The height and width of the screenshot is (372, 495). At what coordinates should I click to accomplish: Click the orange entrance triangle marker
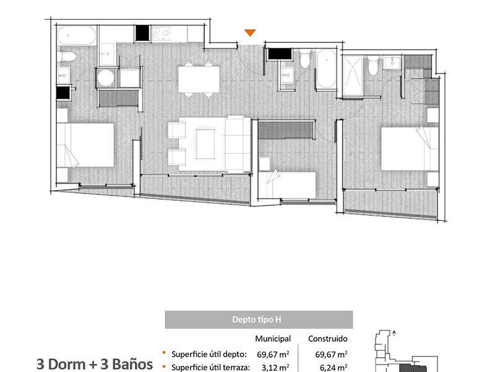[x=250, y=33]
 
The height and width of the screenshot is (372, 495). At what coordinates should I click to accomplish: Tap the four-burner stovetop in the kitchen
[x=161, y=33]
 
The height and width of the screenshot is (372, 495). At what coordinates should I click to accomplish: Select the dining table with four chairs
[x=199, y=79]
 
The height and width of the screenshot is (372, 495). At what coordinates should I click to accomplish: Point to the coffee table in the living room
[x=205, y=144]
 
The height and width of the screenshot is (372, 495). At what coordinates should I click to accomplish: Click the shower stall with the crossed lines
[x=353, y=75]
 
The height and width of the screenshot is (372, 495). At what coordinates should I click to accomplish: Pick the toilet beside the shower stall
[x=373, y=66]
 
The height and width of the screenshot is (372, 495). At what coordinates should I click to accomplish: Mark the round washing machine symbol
[x=106, y=78]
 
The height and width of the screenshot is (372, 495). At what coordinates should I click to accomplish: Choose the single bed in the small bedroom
[x=287, y=185]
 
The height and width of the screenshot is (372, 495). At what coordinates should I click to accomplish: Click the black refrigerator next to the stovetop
[x=142, y=33]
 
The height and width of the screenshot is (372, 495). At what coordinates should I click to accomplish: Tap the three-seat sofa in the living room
[x=238, y=144]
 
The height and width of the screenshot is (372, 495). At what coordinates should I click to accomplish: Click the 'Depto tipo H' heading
[x=256, y=319]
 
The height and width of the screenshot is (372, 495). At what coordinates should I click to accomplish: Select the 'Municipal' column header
[x=273, y=339]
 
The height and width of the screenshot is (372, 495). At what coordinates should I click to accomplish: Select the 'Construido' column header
[x=328, y=339]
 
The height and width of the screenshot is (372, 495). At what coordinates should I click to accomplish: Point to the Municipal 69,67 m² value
[x=273, y=354]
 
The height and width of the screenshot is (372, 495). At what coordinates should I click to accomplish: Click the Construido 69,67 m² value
[x=331, y=354]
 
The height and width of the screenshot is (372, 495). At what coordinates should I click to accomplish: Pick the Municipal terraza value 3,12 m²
[x=275, y=368]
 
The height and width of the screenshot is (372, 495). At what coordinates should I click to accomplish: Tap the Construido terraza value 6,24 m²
[x=334, y=368]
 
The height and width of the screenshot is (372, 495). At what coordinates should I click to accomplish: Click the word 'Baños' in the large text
[x=132, y=364]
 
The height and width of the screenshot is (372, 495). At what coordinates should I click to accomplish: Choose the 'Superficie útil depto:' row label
[x=209, y=354]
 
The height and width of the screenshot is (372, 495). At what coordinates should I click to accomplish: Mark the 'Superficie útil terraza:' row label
[x=210, y=368]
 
